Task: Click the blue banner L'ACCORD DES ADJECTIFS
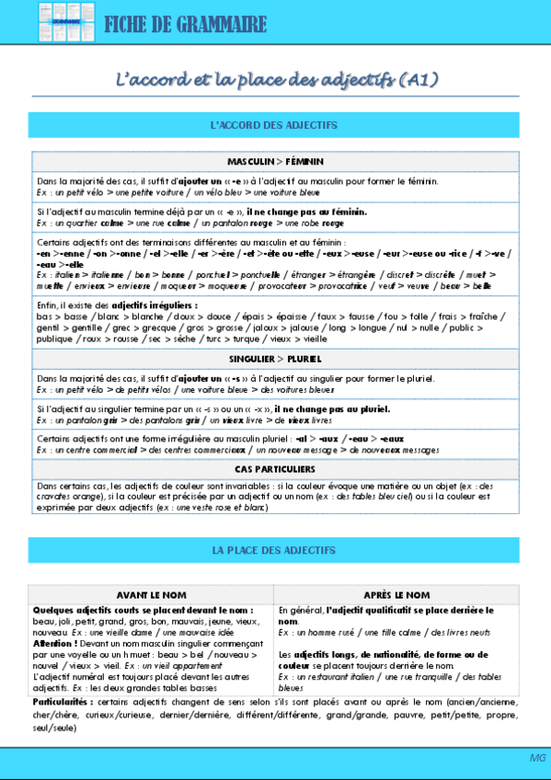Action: coord(274,124)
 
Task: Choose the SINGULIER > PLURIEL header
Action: coord(275,358)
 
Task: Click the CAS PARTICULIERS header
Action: coord(275,469)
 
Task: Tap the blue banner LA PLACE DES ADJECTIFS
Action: coord(274,550)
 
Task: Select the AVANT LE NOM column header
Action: coord(151,595)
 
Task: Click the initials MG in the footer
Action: coord(537,757)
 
